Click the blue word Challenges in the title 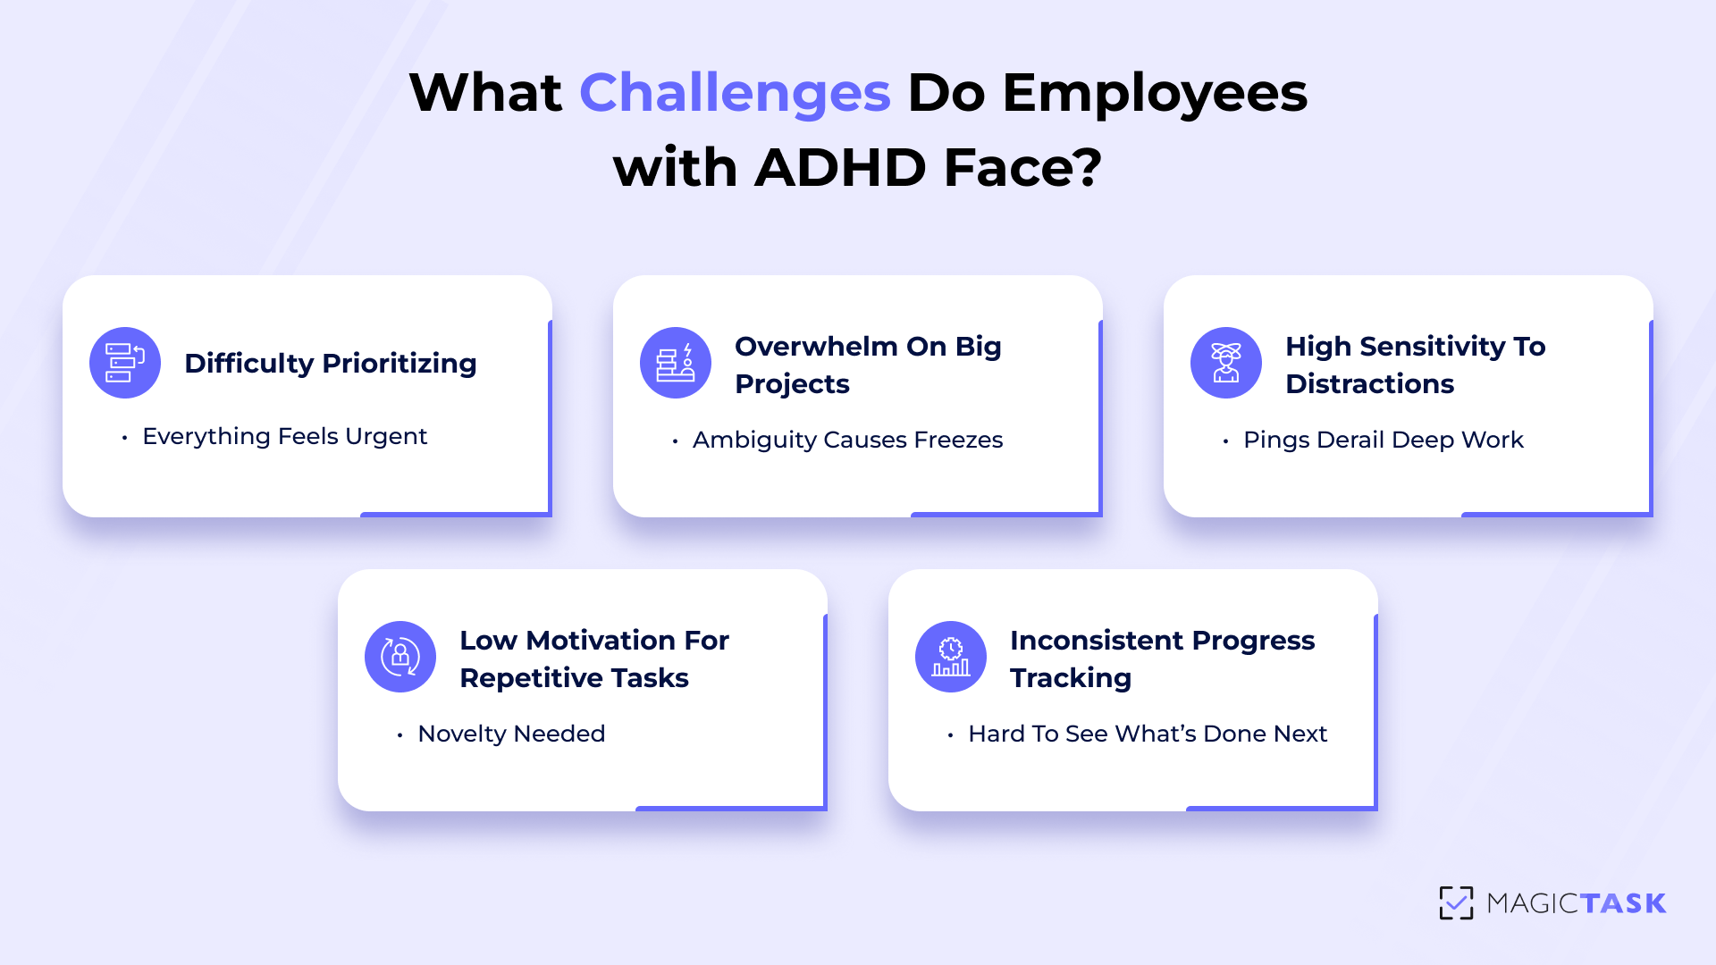[735, 93]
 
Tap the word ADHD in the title [840, 168]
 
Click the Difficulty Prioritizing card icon [125, 363]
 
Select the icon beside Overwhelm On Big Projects [676, 363]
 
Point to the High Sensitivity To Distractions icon [1226, 363]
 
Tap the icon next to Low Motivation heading [400, 657]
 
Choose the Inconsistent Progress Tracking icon [951, 657]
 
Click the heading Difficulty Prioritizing [330, 364]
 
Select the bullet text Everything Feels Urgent [284, 436]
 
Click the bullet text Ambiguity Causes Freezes [847, 440]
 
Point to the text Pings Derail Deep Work [1383, 440]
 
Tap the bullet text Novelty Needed [511, 734]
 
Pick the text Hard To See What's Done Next [1148, 734]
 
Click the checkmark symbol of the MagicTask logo [1456, 902]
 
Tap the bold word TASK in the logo [1622, 903]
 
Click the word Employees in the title [1155, 93]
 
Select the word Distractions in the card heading [1369, 384]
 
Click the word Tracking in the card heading [1070, 678]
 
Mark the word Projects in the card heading [792, 384]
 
